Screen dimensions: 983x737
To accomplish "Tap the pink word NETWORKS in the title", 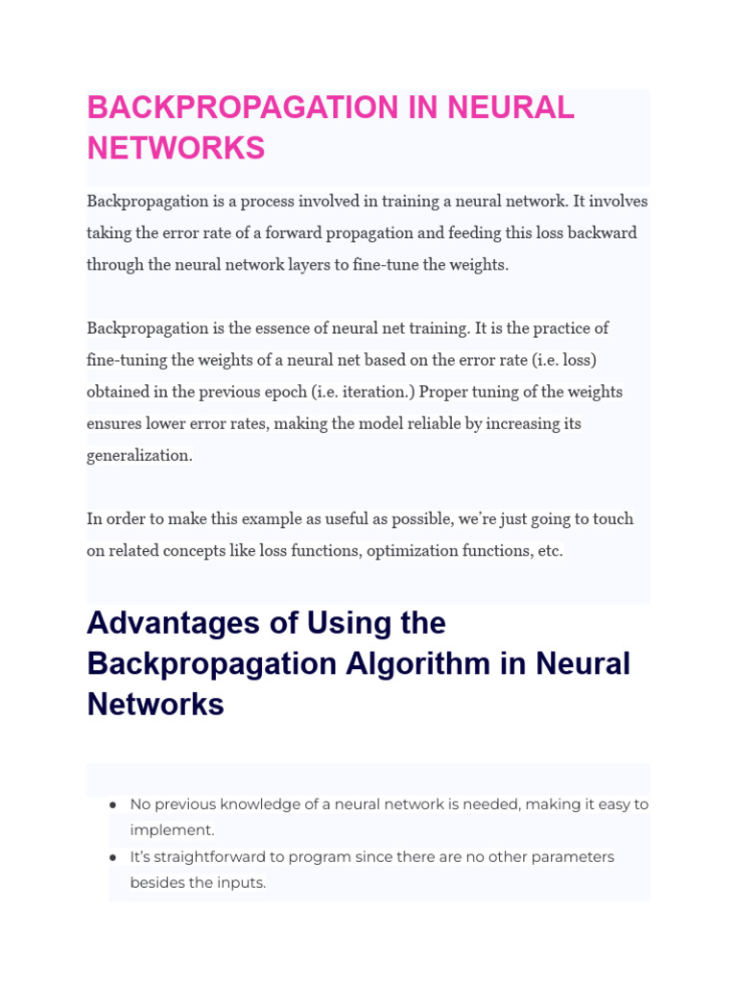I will click(x=176, y=149).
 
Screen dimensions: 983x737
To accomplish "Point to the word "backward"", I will click(x=599, y=233).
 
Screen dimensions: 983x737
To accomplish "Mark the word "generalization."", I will click(x=140, y=455).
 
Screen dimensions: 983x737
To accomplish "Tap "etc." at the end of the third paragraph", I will click(x=549, y=550).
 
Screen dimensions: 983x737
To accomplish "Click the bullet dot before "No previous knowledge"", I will click(x=113, y=804).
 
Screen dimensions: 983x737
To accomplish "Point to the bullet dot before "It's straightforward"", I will click(x=113, y=856).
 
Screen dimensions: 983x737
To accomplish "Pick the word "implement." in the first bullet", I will click(x=172, y=830).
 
